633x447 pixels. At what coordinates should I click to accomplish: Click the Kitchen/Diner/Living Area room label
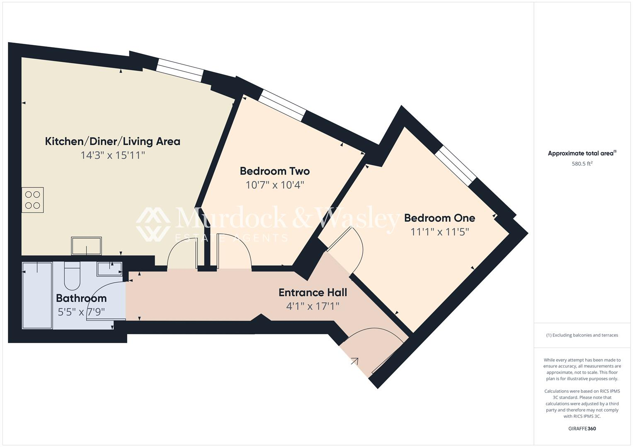tap(112, 142)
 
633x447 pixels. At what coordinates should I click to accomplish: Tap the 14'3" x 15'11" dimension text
tap(112, 156)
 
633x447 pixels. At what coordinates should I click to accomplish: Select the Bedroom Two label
tap(274, 171)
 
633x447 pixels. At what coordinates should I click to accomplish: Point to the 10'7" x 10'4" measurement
tap(274, 185)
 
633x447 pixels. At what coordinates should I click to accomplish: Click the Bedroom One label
tap(439, 218)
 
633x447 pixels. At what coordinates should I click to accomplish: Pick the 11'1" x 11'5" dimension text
tap(439, 232)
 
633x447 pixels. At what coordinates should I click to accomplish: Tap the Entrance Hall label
tap(313, 293)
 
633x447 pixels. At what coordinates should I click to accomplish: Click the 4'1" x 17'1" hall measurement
tap(313, 307)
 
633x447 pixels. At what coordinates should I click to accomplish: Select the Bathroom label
tap(81, 298)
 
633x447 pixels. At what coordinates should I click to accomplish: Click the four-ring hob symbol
tap(33, 200)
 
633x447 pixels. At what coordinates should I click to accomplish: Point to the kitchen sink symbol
tap(86, 246)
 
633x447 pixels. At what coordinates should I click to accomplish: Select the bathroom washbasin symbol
tap(109, 269)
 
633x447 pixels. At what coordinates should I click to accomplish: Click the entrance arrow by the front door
tap(354, 361)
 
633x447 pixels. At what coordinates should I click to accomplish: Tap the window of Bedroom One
tap(456, 166)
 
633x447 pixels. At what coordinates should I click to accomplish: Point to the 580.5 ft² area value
tap(582, 163)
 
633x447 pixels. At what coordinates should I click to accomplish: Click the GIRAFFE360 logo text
tap(582, 428)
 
